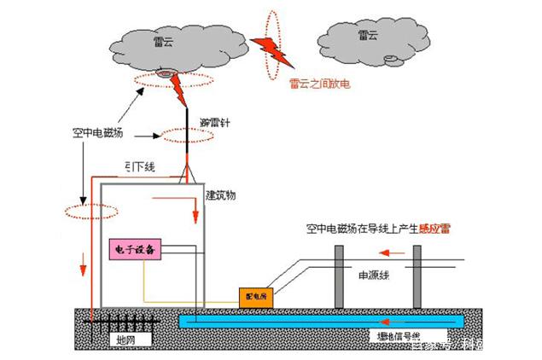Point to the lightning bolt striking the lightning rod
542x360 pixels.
(x=180, y=86)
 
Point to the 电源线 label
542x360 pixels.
(x=373, y=275)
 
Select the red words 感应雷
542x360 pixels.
(x=438, y=228)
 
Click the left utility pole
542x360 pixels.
(x=338, y=276)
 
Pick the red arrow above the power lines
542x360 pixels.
(x=392, y=253)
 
